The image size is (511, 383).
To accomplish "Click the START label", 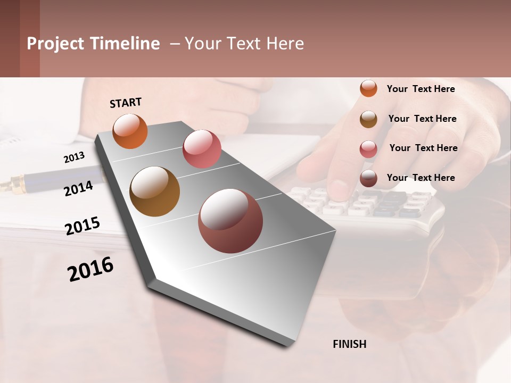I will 126,102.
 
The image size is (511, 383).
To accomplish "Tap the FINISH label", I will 349,344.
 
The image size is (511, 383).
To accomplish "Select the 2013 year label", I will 74,157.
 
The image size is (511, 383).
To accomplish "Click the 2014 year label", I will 78,188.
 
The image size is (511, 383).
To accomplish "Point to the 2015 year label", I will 83,226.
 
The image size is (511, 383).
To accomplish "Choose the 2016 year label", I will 90,269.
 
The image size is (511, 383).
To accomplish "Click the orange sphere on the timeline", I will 130,131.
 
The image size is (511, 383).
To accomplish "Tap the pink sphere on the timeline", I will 202,148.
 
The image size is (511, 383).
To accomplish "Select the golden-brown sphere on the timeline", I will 154,191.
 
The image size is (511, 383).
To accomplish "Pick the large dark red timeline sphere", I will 230,221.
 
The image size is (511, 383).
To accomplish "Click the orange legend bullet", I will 368,88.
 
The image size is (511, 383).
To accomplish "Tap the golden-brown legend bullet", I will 368,119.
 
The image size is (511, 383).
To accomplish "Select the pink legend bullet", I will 368,149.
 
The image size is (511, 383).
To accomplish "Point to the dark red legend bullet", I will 368,179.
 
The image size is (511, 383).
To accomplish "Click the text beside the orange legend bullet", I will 421,89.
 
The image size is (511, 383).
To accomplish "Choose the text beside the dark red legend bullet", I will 421,178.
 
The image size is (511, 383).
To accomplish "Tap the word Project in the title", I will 55,44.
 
